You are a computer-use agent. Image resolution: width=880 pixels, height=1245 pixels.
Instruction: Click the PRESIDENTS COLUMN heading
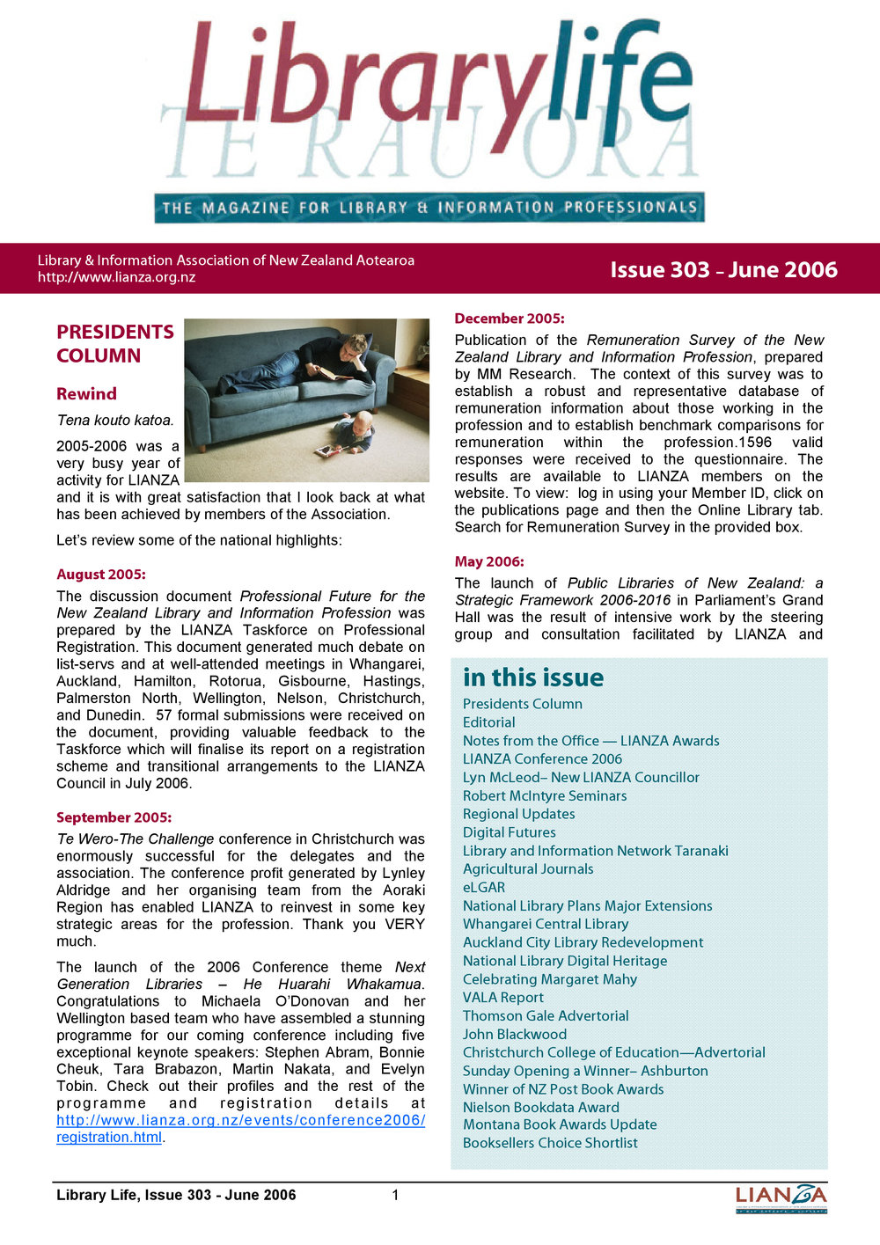coord(115,343)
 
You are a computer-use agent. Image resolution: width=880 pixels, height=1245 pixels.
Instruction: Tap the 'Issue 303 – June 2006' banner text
coord(723,270)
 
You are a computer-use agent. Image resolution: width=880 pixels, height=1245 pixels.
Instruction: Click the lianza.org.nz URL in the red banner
coord(116,278)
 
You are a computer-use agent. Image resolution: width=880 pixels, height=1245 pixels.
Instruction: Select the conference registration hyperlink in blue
coord(240,1128)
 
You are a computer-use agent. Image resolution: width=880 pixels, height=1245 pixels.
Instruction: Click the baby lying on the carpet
coord(352,435)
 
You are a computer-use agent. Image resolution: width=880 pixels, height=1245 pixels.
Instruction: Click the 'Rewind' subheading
coord(86,394)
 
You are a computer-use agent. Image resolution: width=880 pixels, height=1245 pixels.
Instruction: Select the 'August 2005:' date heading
coord(101,575)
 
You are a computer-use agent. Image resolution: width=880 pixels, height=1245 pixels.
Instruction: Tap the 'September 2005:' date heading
coord(114,817)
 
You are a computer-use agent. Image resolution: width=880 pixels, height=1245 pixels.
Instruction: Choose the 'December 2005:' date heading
coord(510,319)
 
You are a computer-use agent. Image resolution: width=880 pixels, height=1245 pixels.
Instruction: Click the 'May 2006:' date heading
coord(489,561)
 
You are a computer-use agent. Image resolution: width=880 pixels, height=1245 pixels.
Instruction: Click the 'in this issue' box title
coord(533,677)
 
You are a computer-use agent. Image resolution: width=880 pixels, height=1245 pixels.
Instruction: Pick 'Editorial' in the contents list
coord(489,722)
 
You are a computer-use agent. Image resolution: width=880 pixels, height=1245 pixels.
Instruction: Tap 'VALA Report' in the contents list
coord(503,998)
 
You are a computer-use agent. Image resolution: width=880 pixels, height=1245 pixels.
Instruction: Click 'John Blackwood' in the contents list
coord(515,1035)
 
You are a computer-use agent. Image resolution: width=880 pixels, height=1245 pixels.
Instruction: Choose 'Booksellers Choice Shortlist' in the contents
coord(550,1143)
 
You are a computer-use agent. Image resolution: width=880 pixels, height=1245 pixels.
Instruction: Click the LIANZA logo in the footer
coord(781,1198)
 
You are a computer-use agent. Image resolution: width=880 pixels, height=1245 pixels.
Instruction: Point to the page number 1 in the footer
coord(396,1195)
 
